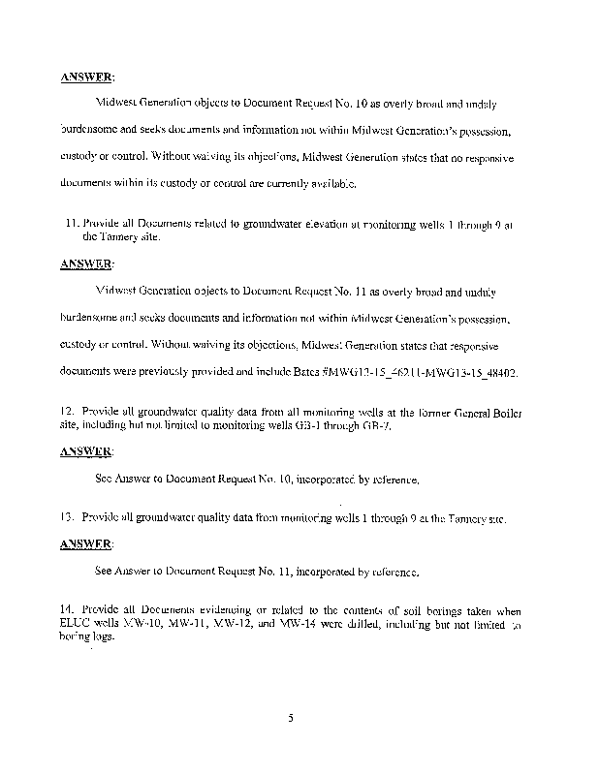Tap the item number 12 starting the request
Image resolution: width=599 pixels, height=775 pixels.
[65, 412]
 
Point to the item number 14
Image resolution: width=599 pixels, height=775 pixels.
[65, 609]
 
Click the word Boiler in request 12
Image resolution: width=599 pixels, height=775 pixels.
[504, 412]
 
